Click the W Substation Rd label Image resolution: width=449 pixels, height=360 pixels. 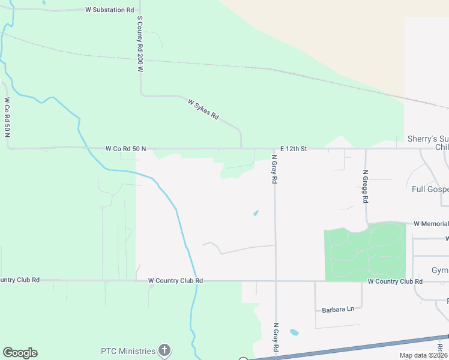click(x=110, y=10)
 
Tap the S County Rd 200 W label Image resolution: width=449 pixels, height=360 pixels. click(x=139, y=44)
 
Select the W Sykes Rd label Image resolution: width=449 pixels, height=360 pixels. click(x=203, y=109)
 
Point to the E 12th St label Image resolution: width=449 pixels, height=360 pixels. click(x=294, y=148)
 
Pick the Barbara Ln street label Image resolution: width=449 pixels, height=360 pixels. click(x=338, y=309)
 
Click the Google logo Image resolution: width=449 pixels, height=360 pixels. click(x=20, y=353)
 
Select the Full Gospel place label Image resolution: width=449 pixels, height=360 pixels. click(x=430, y=190)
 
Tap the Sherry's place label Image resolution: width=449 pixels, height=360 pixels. click(x=427, y=139)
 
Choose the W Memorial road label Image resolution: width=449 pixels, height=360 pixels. click(x=431, y=224)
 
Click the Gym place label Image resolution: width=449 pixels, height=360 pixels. click(x=440, y=271)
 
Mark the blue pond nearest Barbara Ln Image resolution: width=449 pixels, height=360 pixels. click(x=294, y=332)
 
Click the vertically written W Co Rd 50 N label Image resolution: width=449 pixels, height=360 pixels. click(x=8, y=117)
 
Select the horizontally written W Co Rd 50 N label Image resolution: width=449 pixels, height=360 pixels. click(x=125, y=148)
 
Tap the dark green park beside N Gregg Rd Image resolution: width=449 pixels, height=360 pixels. click(x=365, y=253)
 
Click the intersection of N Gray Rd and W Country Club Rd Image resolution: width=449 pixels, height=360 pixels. click(x=276, y=280)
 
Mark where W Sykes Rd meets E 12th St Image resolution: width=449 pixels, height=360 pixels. click(x=241, y=148)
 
